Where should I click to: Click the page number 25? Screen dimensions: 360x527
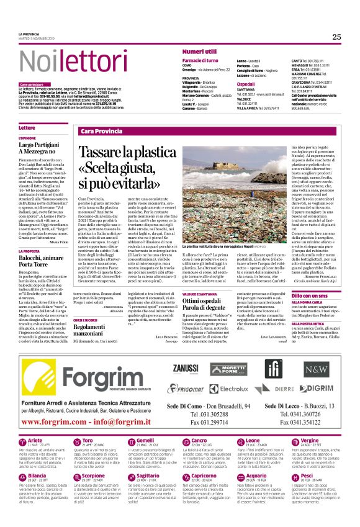pyautogui.click(x=336, y=37)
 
